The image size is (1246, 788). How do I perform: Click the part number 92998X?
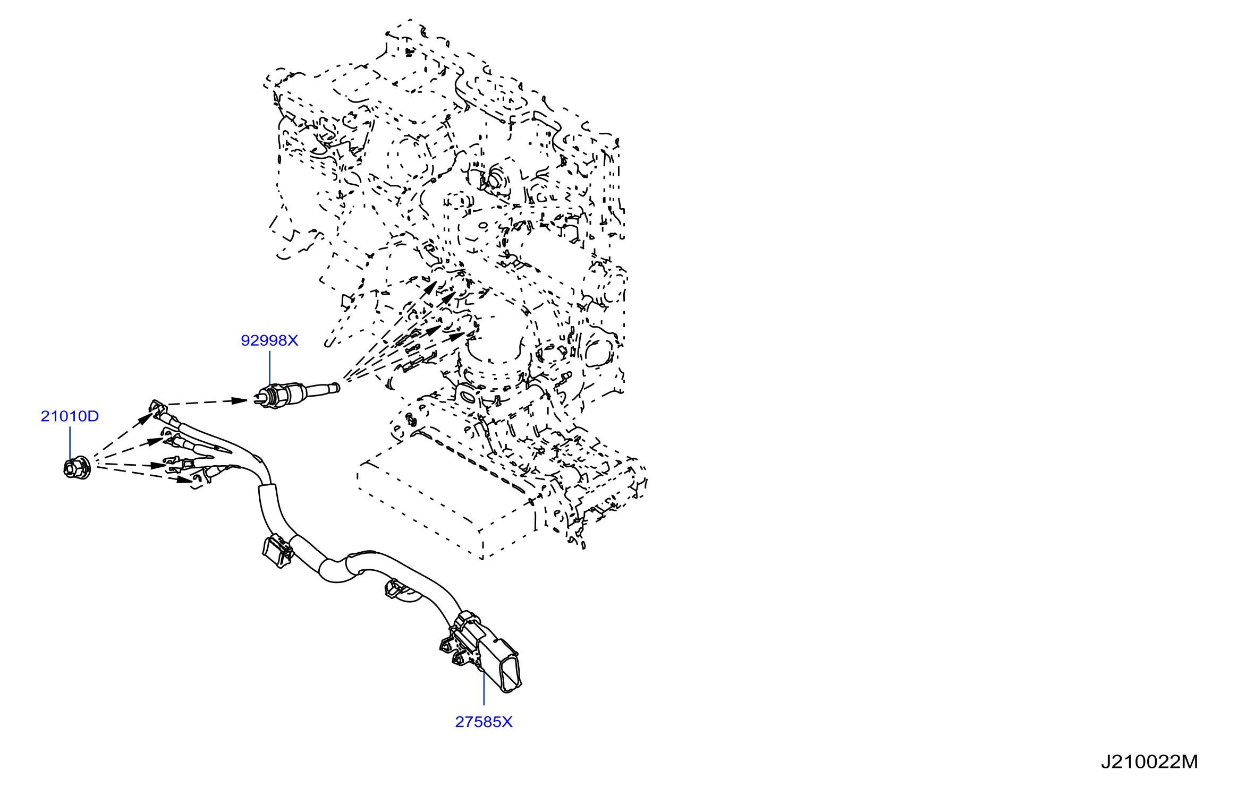coord(269,340)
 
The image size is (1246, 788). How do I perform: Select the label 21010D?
coord(70,416)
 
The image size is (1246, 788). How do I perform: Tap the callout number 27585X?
coord(484,722)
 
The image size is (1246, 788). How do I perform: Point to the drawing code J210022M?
coord(1149,762)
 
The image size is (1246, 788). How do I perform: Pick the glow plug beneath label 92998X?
coord(296,393)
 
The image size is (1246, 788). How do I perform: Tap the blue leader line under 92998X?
coord(270,367)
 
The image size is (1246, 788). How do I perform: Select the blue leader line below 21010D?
coord(70,443)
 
